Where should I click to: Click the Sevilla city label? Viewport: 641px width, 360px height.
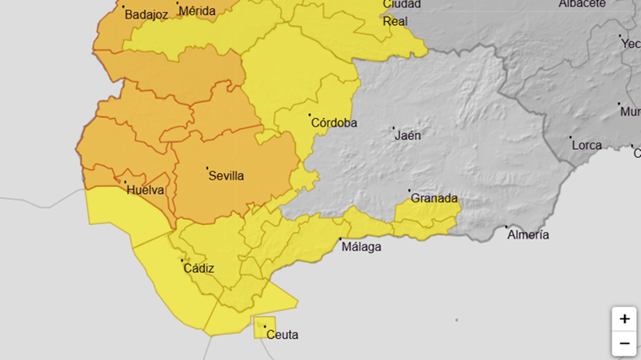coord(226,176)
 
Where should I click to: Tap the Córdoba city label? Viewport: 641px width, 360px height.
coord(334,123)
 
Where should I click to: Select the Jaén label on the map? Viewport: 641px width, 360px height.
coord(408,135)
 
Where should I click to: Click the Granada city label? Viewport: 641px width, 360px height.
coord(434,199)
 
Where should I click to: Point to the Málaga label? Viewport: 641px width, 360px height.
coord(361,247)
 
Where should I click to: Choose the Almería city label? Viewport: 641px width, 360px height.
coord(528,234)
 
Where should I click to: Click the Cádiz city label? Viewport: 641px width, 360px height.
coord(199,268)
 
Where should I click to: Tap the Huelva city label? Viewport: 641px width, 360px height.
coord(145,191)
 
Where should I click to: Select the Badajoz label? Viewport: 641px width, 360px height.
coord(147,14)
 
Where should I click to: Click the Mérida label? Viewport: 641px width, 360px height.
coord(198,11)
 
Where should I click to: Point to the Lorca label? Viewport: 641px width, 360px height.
coord(587,145)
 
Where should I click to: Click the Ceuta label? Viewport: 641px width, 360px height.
coord(282,335)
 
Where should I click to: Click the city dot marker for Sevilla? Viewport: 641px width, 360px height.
coord(207,168)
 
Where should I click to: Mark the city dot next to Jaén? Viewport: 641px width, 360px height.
coord(394,128)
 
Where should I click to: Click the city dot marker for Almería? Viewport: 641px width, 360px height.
coord(507,227)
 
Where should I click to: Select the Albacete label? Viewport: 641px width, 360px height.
coord(582,4)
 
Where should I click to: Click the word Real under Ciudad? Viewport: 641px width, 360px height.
coord(395,21)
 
